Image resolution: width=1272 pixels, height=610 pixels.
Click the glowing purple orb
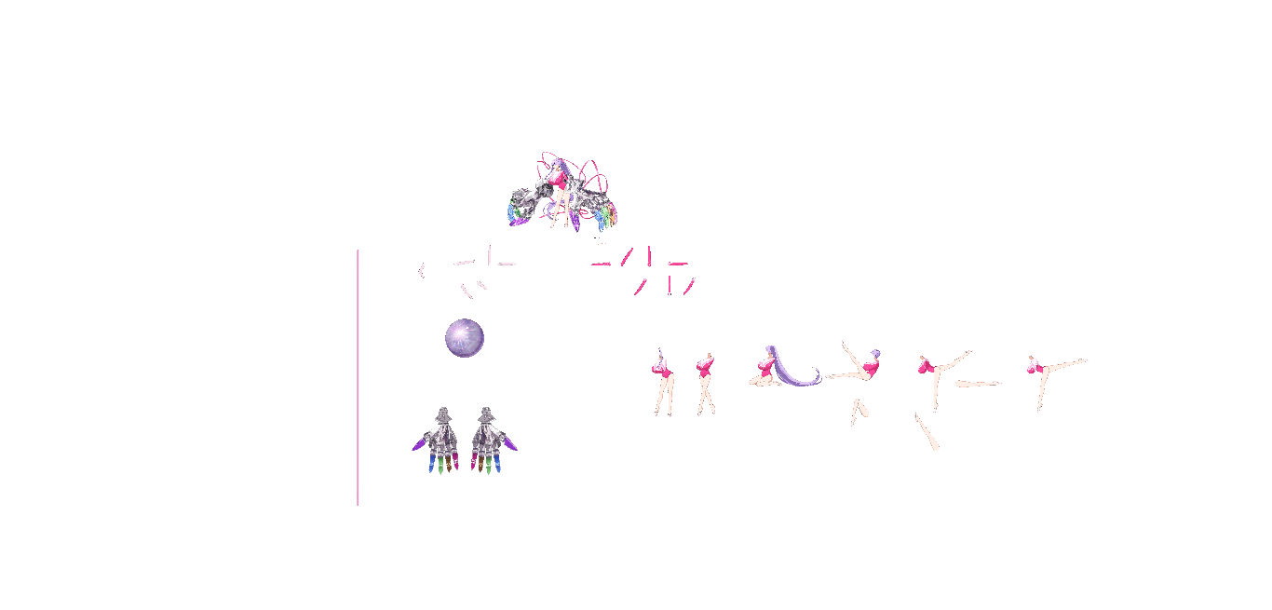point(464,337)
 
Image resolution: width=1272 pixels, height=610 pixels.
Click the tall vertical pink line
point(358,377)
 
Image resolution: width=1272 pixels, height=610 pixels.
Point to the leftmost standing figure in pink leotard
point(663,382)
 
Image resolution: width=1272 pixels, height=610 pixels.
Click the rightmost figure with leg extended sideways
point(1052,373)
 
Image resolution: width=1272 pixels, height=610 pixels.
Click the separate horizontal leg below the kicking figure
point(978,383)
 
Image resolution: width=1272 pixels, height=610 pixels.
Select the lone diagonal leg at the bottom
point(927,432)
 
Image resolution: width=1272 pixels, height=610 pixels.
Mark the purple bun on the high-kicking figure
point(876,353)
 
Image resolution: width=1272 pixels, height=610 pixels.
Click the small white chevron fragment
point(422,270)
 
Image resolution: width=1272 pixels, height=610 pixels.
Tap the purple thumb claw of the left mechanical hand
point(418,447)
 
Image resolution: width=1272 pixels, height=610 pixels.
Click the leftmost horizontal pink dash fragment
point(601,264)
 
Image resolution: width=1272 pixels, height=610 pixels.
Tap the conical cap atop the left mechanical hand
point(444,413)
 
